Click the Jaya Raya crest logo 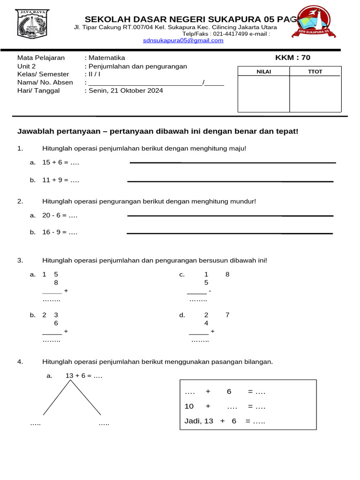pyautogui.click(x=32, y=24)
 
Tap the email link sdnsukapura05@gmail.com pyautogui.click(x=183, y=41)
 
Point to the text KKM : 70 pyautogui.click(x=292, y=58)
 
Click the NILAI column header pyautogui.click(x=263, y=71)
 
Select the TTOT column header pyautogui.click(x=315, y=71)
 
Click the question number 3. pyautogui.click(x=20, y=260)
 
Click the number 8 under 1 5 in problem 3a pyautogui.click(x=56, y=283)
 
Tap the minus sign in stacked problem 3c pyautogui.click(x=210, y=291)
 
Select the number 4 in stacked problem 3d pyautogui.click(x=206, y=323)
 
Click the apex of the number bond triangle pyautogui.click(x=71, y=380)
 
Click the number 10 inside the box pyautogui.click(x=189, y=406)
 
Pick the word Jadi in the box pyautogui.click(x=192, y=421)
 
